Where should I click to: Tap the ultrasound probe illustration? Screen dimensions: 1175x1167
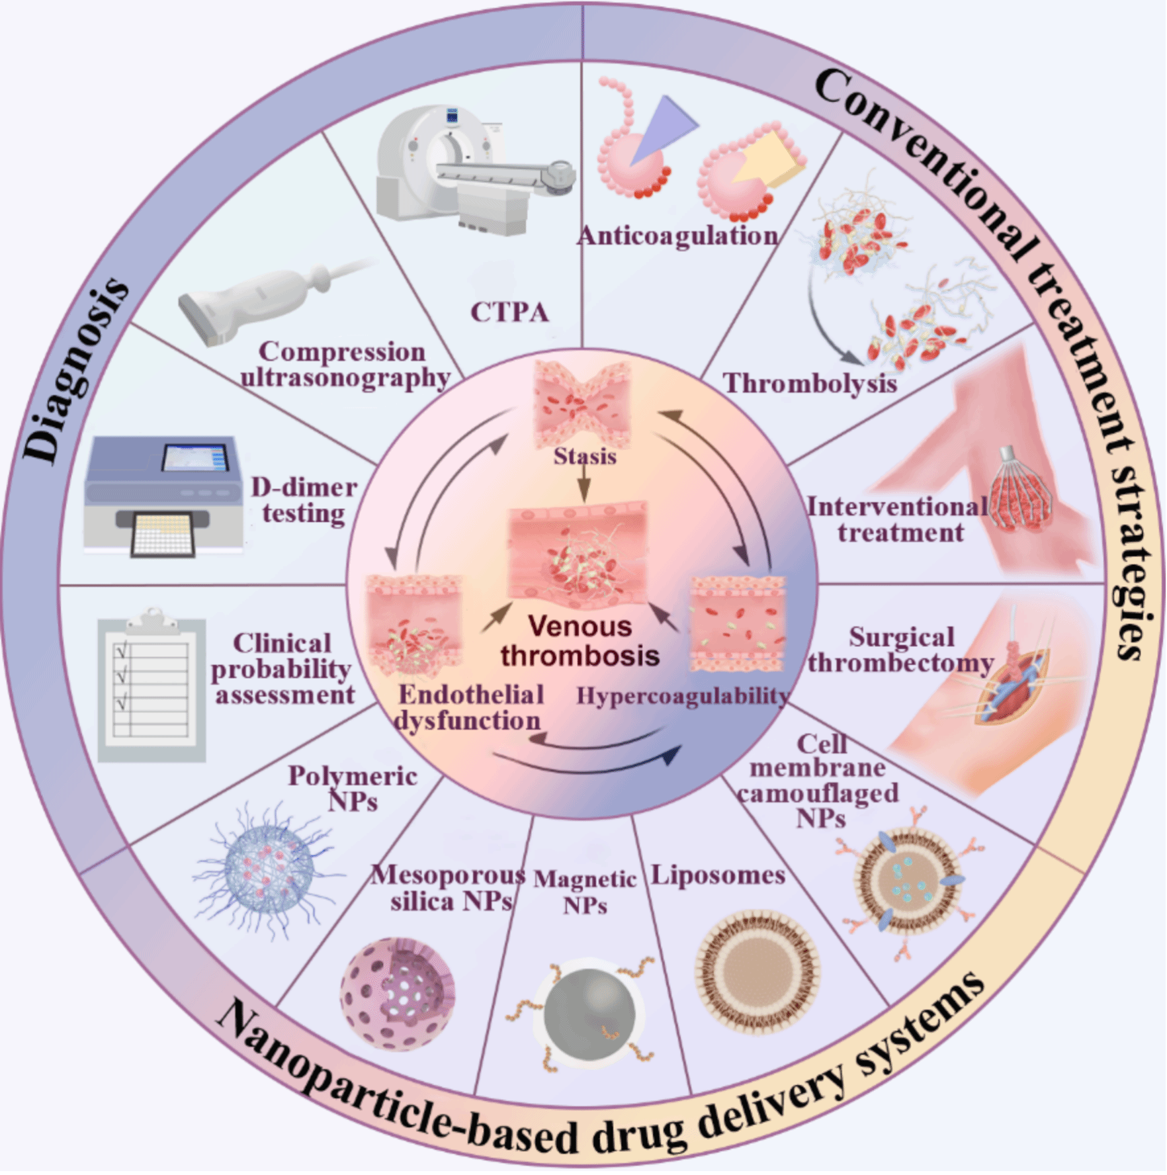(265, 298)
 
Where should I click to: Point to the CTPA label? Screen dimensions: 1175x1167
(509, 312)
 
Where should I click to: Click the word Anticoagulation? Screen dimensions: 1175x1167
(678, 236)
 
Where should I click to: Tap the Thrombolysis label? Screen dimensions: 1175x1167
(810, 383)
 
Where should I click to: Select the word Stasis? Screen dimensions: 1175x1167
(585, 456)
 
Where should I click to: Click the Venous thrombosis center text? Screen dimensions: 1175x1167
(580, 640)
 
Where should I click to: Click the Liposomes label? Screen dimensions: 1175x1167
(718, 875)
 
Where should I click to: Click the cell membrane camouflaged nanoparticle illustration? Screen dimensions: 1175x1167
(906, 880)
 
